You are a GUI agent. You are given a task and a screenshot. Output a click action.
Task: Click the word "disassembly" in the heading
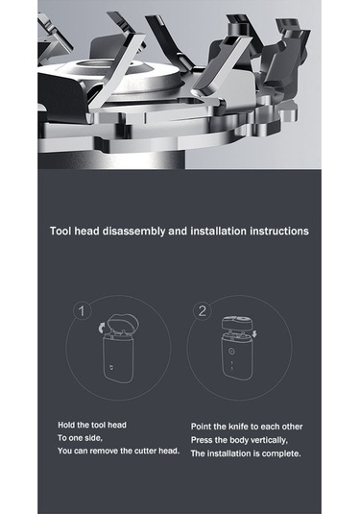[133, 232]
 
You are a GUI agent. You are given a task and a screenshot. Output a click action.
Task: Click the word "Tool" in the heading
[60, 231]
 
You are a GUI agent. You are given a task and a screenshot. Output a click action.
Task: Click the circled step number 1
[82, 311]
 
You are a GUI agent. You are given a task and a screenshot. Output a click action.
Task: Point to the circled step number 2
[203, 310]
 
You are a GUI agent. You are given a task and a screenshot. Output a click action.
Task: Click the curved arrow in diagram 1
[103, 328]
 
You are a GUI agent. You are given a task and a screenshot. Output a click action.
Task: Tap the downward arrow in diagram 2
[254, 334]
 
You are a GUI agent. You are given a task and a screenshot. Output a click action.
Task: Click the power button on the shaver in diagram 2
[232, 352]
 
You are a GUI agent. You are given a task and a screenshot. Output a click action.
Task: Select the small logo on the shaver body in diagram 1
[110, 366]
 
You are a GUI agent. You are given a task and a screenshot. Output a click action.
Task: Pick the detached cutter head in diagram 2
[237, 324]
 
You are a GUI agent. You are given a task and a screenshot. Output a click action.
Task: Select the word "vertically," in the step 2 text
[270, 440]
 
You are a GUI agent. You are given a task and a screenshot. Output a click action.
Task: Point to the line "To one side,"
[81, 438]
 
